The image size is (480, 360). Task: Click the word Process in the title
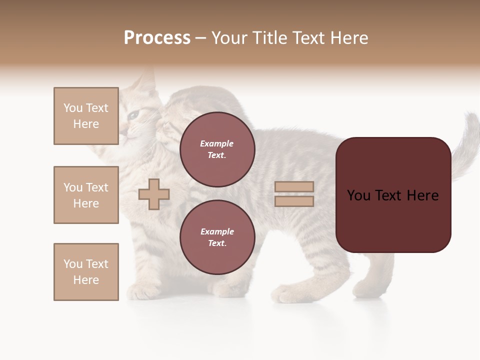click(x=157, y=38)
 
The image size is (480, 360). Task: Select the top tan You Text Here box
click(x=86, y=116)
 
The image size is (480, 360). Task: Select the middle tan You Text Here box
click(x=86, y=195)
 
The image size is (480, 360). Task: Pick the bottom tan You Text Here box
click(x=86, y=272)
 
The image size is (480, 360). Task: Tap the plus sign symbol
click(x=154, y=194)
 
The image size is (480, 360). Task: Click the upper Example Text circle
click(x=217, y=149)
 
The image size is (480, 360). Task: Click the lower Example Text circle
click(x=217, y=237)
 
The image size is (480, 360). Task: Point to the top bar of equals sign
click(x=294, y=186)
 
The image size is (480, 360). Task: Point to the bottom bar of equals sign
click(x=294, y=201)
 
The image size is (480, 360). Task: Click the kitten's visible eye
click(x=133, y=115)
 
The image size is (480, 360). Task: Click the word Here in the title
click(x=346, y=38)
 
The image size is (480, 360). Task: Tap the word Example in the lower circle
click(x=217, y=231)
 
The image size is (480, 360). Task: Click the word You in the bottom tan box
click(x=73, y=264)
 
